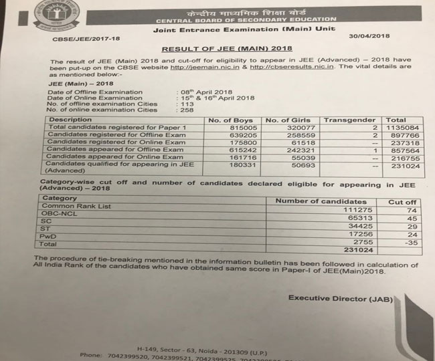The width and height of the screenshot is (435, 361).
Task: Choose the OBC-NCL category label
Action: coord(62,216)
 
